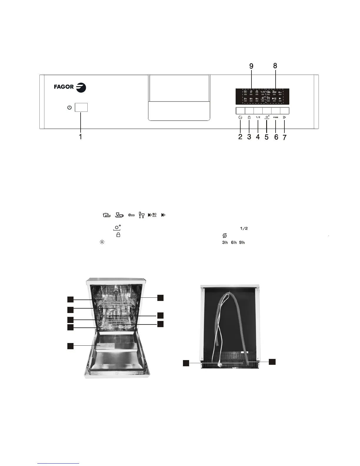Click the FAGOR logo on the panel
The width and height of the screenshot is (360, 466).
pyautogui.click(x=70, y=87)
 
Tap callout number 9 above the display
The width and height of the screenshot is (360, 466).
pyautogui.click(x=251, y=66)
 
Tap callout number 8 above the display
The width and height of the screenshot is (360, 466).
pyautogui.click(x=275, y=66)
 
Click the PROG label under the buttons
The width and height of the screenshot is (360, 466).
pyautogui.click(x=276, y=117)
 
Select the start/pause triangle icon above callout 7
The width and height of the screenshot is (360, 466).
pyautogui.click(x=284, y=117)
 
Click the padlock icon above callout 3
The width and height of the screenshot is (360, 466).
pyautogui.click(x=249, y=117)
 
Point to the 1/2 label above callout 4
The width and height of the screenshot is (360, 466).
pyautogui.click(x=258, y=117)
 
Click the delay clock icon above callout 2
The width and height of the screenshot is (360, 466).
pyautogui.click(x=240, y=117)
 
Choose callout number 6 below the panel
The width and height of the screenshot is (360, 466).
pyautogui.click(x=276, y=137)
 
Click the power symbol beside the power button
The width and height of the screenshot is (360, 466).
pyautogui.click(x=69, y=108)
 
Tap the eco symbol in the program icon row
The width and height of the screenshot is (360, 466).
pyautogui.click(x=131, y=215)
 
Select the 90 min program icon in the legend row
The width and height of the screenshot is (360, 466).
pyautogui.click(x=152, y=215)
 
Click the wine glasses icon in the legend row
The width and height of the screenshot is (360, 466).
pyautogui.click(x=141, y=215)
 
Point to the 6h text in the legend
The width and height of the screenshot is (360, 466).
pyautogui.click(x=234, y=243)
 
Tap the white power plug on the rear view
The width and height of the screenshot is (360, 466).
pyautogui.click(x=219, y=364)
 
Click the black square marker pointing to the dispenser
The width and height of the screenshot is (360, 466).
pyautogui.click(x=70, y=346)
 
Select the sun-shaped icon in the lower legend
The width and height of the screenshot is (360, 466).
pyautogui.click(x=102, y=242)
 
